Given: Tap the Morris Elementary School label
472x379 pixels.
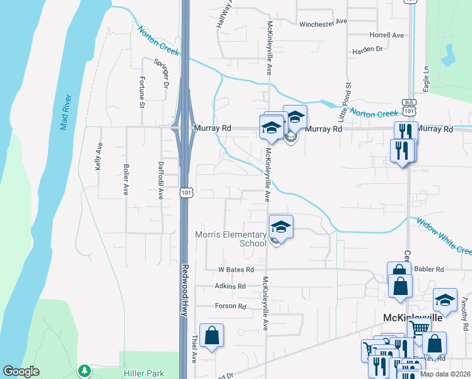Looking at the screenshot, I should [x=231, y=239].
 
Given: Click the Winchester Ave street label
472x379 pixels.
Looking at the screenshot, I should [x=323, y=21].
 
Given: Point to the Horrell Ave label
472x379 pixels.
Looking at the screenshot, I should [x=387, y=35].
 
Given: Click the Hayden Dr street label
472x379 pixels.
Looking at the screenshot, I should [x=368, y=49].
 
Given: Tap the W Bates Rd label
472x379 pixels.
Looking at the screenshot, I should [x=236, y=270].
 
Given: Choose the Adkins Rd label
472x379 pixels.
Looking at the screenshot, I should [x=230, y=287].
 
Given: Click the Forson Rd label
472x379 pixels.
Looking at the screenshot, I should [x=230, y=306].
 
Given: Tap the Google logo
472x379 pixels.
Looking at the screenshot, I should [x=21, y=371].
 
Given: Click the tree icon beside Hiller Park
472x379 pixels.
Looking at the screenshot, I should [x=83, y=370].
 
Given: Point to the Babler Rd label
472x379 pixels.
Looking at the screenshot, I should [x=431, y=269].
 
